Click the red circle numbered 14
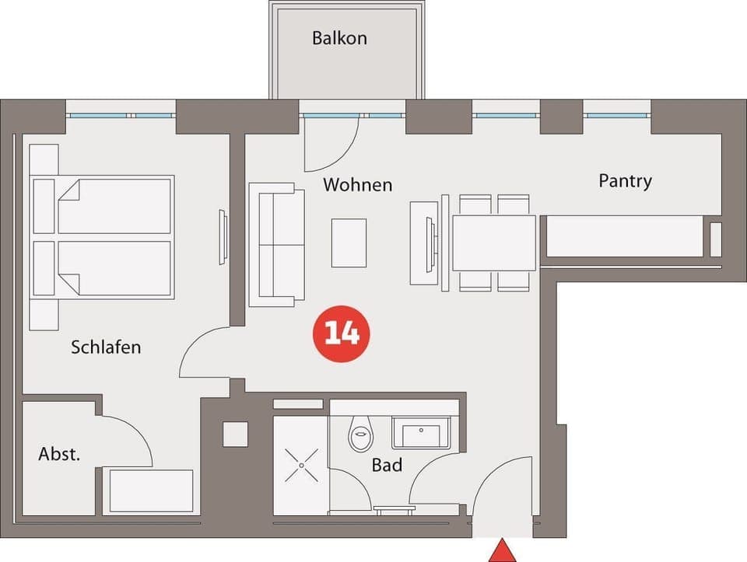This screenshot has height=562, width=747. pyautogui.click(x=341, y=333)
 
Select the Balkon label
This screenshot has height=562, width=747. pyautogui.click(x=339, y=38)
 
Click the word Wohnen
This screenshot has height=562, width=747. pyautogui.click(x=357, y=185)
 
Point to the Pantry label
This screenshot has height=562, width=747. pyautogui.click(x=625, y=181)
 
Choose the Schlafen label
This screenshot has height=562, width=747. pyautogui.click(x=106, y=347)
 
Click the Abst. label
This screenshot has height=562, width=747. pyautogui.click(x=59, y=455)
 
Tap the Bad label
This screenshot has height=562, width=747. pyautogui.click(x=387, y=466)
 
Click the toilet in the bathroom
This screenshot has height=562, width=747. pyautogui.click(x=360, y=435)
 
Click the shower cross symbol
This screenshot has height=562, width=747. pyautogui.click(x=300, y=466)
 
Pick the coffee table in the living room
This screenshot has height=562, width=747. pyautogui.click(x=349, y=243)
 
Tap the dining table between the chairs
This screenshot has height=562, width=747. pyautogui.click(x=493, y=243)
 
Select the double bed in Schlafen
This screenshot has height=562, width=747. pyautogui.click(x=101, y=237)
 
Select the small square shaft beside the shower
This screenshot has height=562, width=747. pyautogui.click(x=235, y=434)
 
